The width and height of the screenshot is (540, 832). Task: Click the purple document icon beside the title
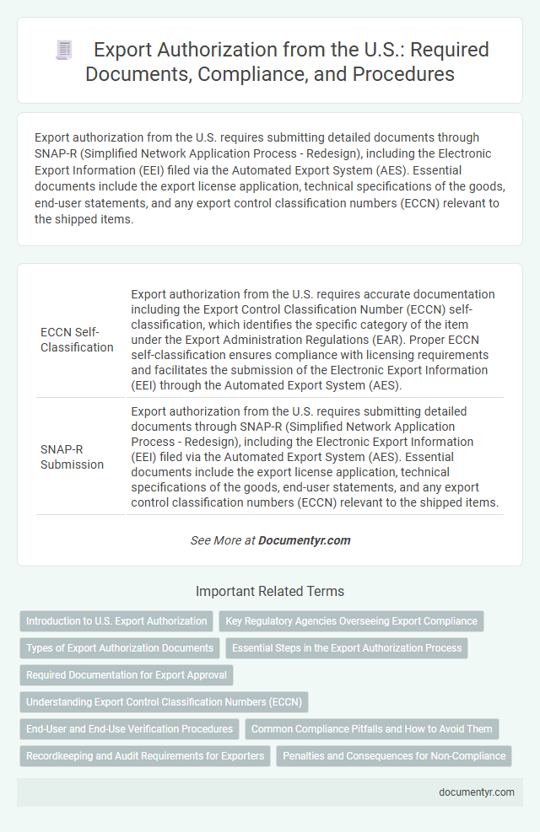(64, 51)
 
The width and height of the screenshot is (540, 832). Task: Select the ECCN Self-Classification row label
(77, 340)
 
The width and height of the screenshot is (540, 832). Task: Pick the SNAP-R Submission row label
(73, 457)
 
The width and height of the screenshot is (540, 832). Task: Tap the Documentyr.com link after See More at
(305, 540)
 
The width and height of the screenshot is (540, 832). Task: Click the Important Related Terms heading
(270, 591)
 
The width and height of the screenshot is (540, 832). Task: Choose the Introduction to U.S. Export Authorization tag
(116, 621)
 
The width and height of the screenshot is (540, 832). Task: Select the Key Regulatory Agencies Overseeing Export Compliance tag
(351, 621)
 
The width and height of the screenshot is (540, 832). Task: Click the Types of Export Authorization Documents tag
(120, 648)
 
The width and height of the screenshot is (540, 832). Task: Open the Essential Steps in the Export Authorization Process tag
(347, 648)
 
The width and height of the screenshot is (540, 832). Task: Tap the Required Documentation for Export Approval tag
(127, 675)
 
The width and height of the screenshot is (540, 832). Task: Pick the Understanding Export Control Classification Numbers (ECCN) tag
(165, 702)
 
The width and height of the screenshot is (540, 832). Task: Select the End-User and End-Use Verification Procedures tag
(129, 729)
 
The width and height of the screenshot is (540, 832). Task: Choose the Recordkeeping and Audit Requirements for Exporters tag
(145, 756)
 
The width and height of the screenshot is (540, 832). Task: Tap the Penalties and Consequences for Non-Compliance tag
(394, 756)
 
